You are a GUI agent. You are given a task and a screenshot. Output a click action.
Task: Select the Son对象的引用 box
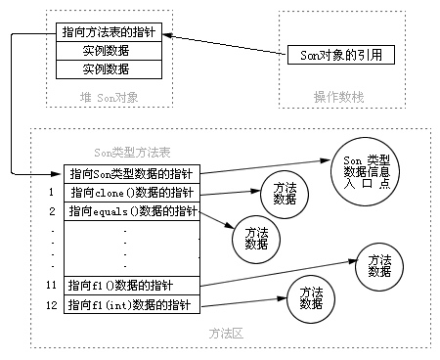click(341, 55)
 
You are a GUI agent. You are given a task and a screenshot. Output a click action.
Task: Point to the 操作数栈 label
click(338, 96)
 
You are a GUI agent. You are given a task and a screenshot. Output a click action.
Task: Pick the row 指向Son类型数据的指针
click(132, 173)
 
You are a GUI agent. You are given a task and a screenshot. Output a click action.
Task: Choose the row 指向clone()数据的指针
click(132, 192)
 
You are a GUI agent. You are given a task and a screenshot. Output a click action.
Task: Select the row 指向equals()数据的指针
click(132, 210)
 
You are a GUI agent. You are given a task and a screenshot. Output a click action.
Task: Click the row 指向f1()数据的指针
click(132, 285)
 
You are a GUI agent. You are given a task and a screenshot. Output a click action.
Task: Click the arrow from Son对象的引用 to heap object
click(225, 44)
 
